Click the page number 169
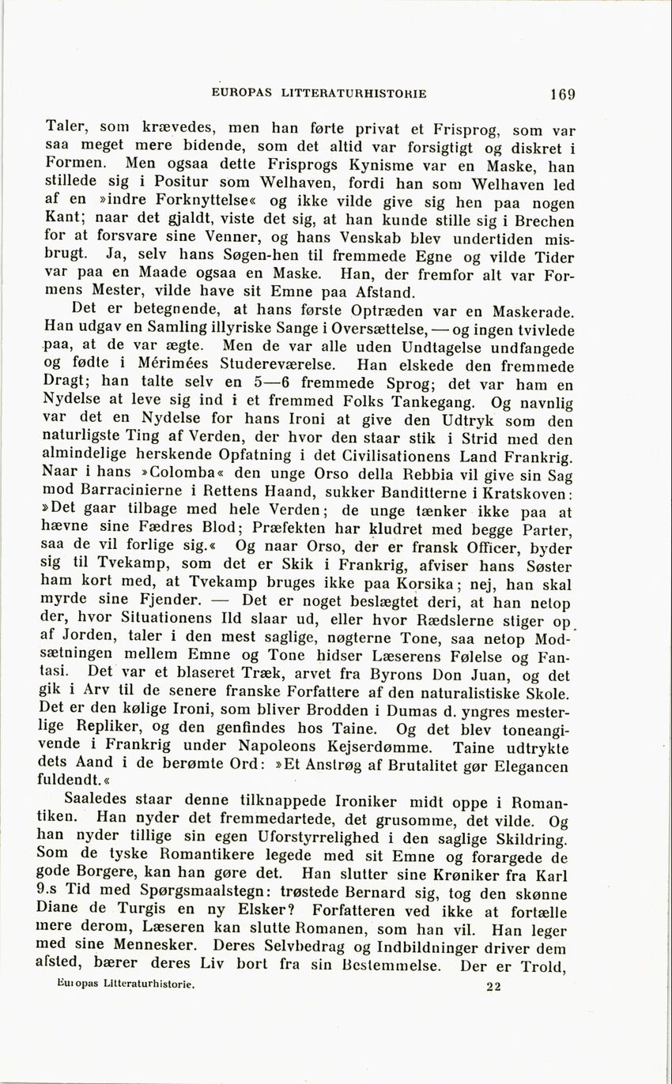(x=563, y=94)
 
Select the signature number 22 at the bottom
(x=494, y=986)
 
